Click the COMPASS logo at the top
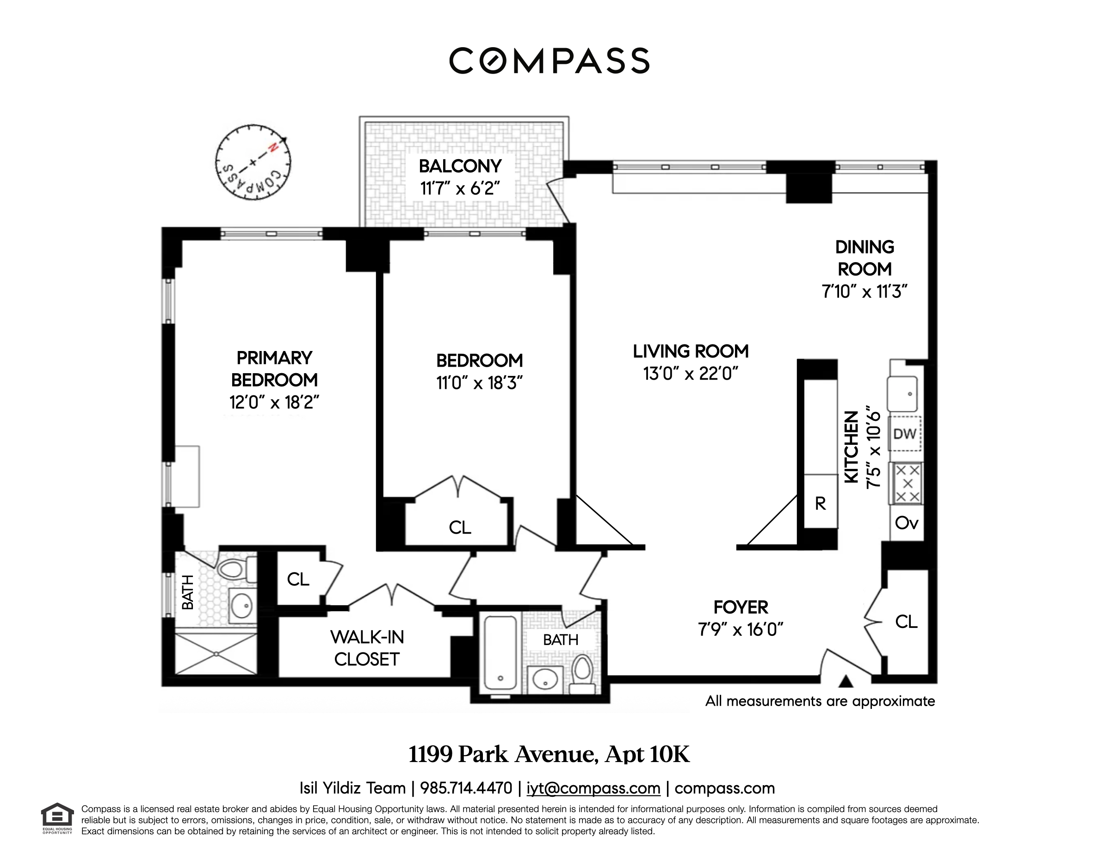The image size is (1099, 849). (x=549, y=61)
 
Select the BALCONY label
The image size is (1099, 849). (x=460, y=166)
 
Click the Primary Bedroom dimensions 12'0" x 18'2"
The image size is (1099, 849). (x=274, y=402)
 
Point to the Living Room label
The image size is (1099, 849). (x=691, y=351)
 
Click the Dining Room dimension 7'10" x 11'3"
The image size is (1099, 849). (x=864, y=292)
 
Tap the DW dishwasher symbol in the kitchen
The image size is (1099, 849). (x=904, y=434)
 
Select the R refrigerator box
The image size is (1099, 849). (x=820, y=503)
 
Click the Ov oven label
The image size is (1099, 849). (x=906, y=523)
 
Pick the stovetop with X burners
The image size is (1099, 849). (x=908, y=483)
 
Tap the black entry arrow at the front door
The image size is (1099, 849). (x=846, y=682)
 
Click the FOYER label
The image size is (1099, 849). (x=741, y=608)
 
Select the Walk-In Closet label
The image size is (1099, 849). (x=367, y=648)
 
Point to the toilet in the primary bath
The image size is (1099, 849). (x=232, y=569)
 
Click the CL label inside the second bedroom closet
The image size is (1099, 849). (x=460, y=528)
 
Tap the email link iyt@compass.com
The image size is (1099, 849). (x=593, y=788)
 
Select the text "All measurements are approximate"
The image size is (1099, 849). (x=820, y=701)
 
